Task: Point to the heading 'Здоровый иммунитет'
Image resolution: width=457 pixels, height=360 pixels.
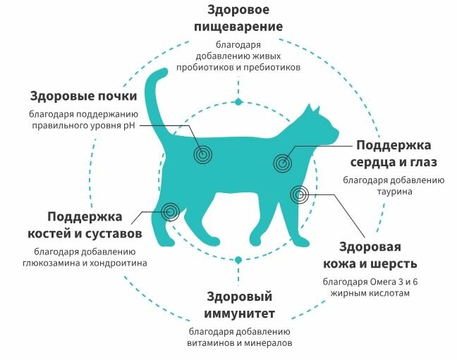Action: pos(240,304)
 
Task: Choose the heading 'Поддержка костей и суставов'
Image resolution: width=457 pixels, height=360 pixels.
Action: pos(95,224)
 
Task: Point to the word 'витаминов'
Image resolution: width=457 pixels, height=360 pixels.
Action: pos(211,343)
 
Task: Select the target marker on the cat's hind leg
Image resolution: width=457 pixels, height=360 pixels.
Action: pos(169,210)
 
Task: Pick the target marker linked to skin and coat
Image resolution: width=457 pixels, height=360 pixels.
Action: pos(298,194)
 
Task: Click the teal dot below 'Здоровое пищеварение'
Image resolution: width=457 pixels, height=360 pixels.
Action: pos(238,102)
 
